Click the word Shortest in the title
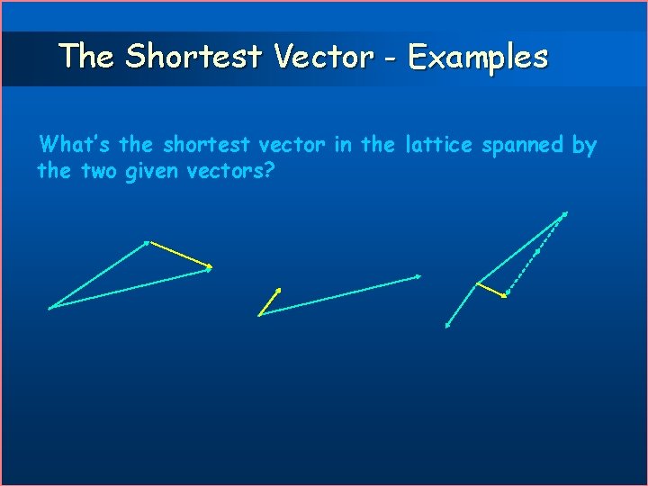[x=193, y=57]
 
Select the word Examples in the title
[x=477, y=57]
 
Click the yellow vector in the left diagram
[x=178, y=254]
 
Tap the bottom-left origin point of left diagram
[x=50, y=308]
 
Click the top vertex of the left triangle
[x=147, y=242]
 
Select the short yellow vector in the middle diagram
[x=269, y=301]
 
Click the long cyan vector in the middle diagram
[x=340, y=294]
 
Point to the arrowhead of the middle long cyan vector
[x=418, y=276]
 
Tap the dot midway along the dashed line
[x=537, y=251]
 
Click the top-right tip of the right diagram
[x=565, y=213]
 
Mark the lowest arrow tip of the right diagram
[x=447, y=326]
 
